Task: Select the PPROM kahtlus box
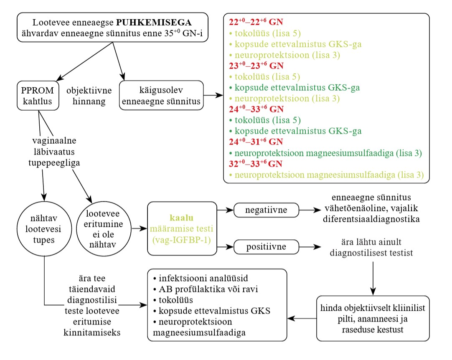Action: point(38,95)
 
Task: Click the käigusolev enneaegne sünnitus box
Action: point(161,95)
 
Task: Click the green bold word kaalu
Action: point(182,218)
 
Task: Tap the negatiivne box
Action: point(262,210)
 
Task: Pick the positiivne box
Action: point(262,247)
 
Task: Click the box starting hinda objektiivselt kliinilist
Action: point(373,318)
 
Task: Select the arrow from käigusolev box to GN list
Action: point(213,95)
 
